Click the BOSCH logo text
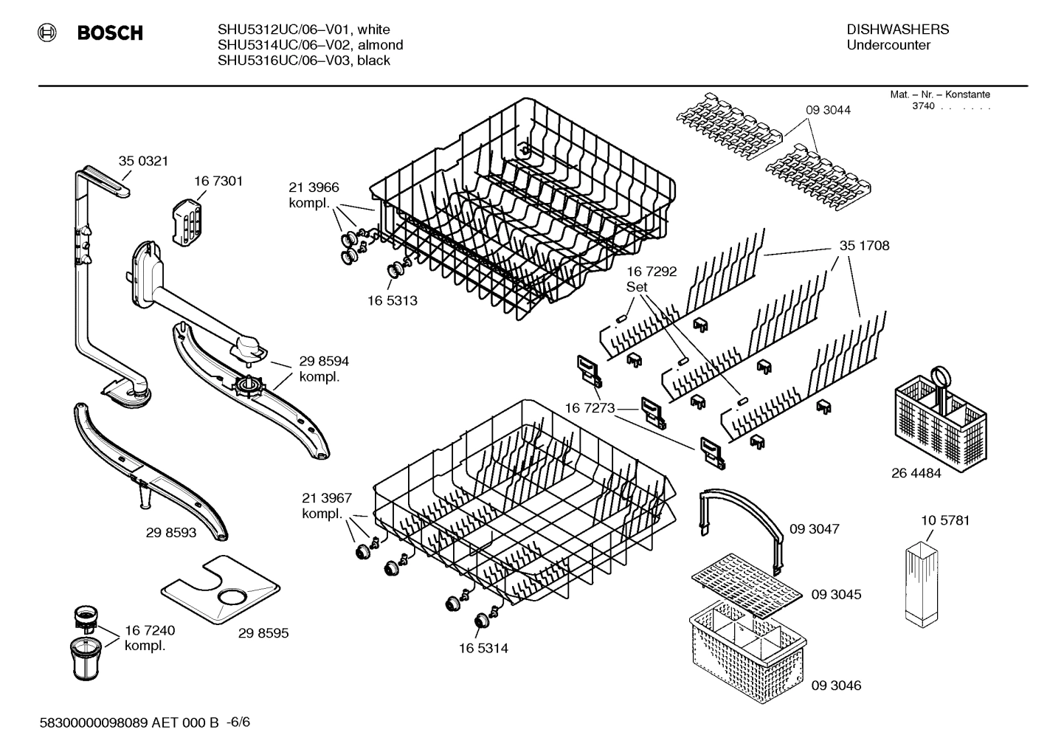click(110, 33)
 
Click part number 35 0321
click(143, 161)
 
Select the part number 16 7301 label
click(218, 181)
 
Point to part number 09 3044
click(828, 110)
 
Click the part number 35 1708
click(864, 246)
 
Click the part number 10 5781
click(945, 520)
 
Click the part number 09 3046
click(836, 685)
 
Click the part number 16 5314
click(483, 648)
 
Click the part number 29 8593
click(171, 532)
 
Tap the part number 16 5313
click(392, 300)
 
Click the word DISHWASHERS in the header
click(897, 30)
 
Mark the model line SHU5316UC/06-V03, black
click(303, 61)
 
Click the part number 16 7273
click(590, 407)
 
